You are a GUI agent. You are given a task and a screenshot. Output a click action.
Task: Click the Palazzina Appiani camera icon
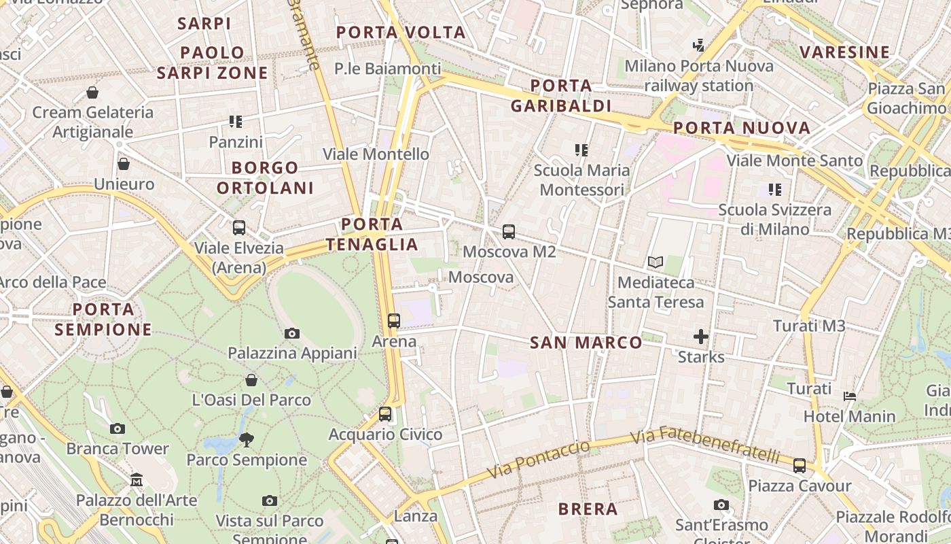292,333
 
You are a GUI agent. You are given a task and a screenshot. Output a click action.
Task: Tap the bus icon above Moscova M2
509,232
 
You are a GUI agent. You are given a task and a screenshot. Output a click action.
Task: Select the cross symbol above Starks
701,336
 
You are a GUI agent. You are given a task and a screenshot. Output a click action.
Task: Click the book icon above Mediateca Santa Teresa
656,262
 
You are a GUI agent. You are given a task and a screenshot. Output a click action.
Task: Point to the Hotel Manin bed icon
850,396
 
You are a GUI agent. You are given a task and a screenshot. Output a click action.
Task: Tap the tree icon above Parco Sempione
247,440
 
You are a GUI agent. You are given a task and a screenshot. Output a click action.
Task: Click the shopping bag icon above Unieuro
124,164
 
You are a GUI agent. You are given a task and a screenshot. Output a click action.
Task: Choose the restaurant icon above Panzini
236,122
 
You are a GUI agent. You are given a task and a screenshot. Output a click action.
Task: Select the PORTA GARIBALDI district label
561,96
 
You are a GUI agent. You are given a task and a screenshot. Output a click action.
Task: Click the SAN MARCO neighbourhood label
586,342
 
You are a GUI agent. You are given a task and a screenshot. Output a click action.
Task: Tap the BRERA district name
588,509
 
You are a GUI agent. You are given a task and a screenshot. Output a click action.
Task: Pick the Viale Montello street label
376,154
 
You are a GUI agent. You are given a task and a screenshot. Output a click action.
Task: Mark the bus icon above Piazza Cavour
800,466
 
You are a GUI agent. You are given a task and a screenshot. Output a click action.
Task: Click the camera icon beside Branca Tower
118,428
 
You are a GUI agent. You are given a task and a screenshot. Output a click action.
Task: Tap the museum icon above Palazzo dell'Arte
137,480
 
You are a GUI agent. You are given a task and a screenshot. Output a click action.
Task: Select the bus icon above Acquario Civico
385,413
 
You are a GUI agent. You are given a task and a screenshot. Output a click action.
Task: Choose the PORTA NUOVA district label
742,128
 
